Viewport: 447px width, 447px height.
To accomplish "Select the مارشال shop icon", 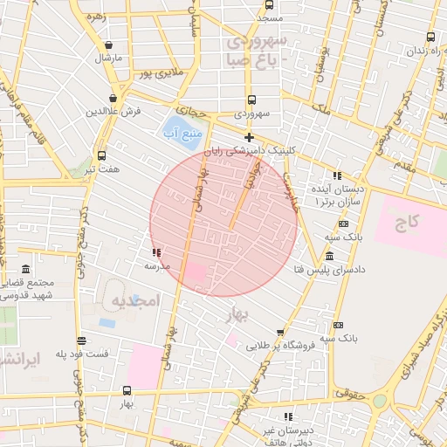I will pyautogui.click(x=108, y=45).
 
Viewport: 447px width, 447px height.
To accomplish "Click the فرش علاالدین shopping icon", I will pyautogui.click(x=113, y=100).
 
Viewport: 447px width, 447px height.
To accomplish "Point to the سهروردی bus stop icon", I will pyautogui.click(x=251, y=100).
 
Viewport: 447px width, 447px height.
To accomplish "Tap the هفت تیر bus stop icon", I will pyautogui.click(x=102, y=155).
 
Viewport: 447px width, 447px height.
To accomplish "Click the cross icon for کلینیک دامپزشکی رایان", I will pyautogui.click(x=250, y=137).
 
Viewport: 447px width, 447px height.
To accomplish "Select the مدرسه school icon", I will pyautogui.click(x=156, y=252).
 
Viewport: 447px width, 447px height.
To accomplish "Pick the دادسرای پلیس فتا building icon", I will pyautogui.click(x=328, y=256).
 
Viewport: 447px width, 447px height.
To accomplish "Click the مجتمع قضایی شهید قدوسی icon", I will pyautogui.click(x=24, y=268).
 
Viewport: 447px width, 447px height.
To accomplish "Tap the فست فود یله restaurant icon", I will pyautogui.click(x=81, y=341).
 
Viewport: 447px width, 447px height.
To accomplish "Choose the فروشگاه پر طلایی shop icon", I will pyautogui.click(x=279, y=333).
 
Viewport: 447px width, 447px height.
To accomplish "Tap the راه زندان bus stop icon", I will pyautogui.click(x=430, y=37).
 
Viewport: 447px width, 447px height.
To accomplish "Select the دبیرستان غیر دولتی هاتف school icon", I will pyautogui.click(x=289, y=416).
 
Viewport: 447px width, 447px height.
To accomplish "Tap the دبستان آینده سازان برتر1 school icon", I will pyautogui.click(x=339, y=174).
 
